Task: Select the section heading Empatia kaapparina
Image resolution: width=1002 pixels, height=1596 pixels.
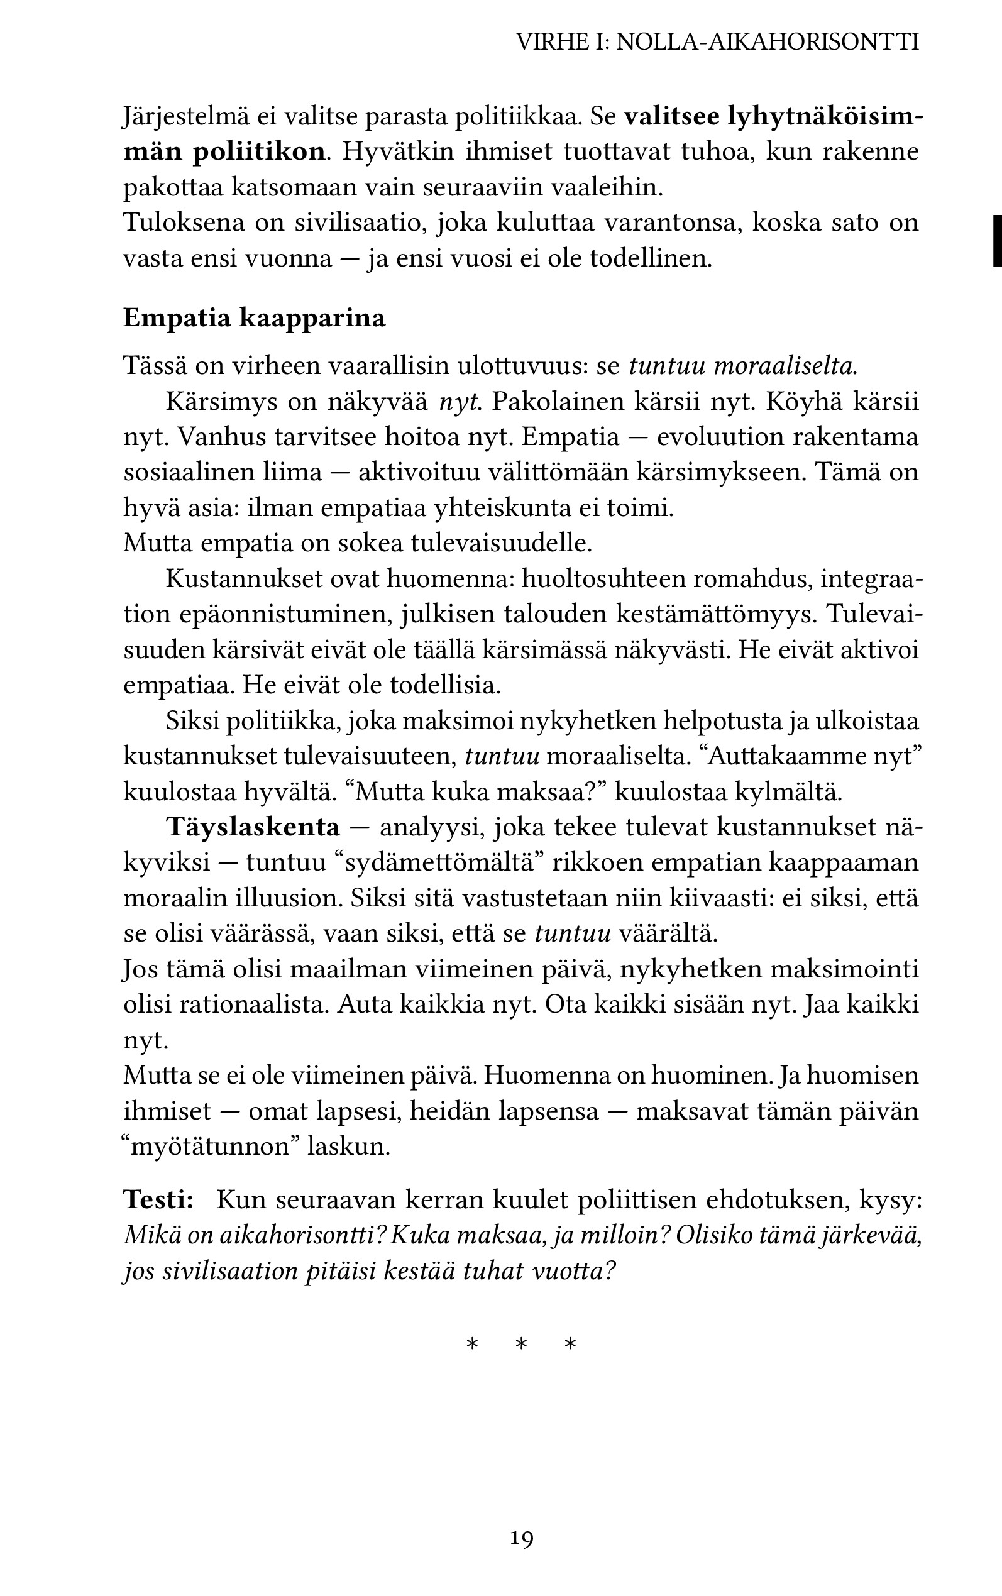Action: [255, 318]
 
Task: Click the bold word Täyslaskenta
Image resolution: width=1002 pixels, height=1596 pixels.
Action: [253, 827]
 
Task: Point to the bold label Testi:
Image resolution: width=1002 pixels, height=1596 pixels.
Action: [158, 1200]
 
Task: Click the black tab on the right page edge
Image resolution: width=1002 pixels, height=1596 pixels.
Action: [996, 241]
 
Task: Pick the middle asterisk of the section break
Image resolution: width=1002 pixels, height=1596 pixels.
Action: [522, 1346]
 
